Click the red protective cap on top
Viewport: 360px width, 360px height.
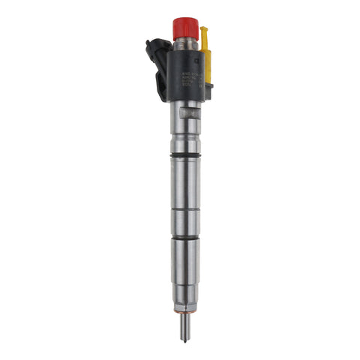pyautogui.click(x=184, y=28)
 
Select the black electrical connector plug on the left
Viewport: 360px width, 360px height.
pyautogui.click(x=157, y=67)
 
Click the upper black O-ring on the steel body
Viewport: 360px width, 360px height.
pyautogui.click(x=185, y=155)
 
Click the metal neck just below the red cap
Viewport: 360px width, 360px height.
pyautogui.click(x=184, y=44)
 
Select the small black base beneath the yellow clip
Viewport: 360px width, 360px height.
pyautogui.click(x=208, y=91)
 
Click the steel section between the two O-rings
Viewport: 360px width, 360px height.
pyautogui.click(x=185, y=195)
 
